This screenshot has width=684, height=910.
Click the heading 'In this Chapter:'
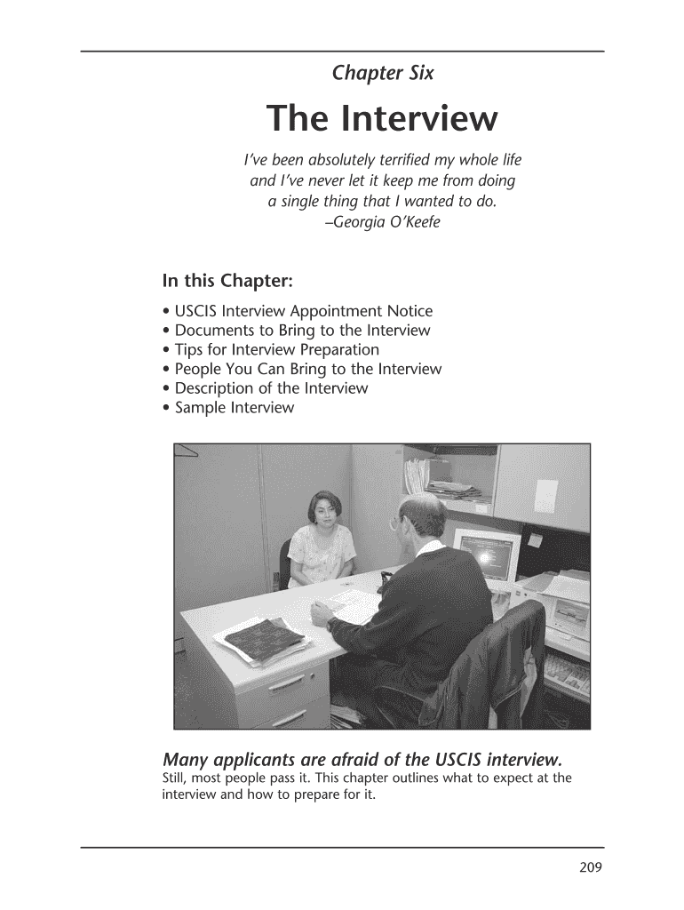227,281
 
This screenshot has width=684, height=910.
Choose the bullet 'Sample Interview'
234,408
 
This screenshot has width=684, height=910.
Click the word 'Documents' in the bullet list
213,331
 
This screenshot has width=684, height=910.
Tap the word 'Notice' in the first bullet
410,311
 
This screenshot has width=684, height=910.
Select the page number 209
591,868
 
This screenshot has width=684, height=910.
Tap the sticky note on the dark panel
535,539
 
